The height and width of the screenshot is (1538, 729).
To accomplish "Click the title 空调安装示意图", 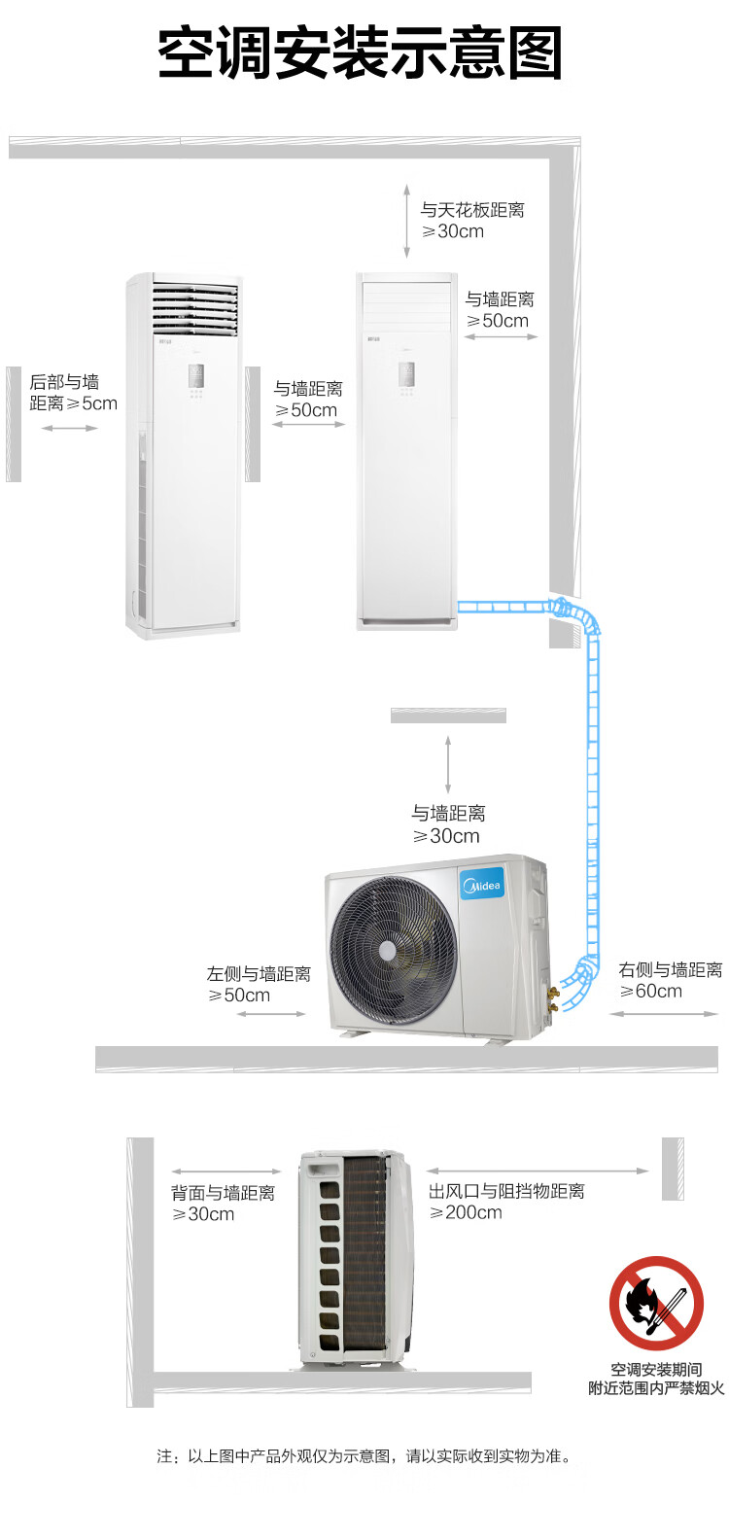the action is pyautogui.click(x=361, y=52).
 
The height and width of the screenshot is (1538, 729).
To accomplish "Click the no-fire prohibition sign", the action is pyautogui.click(x=656, y=1303).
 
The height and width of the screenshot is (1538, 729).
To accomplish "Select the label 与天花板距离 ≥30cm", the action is pyautogui.click(x=472, y=221).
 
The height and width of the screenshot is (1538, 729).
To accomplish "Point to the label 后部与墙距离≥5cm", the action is pyautogui.click(x=73, y=392).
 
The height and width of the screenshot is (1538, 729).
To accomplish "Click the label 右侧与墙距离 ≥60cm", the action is pyautogui.click(x=670, y=980).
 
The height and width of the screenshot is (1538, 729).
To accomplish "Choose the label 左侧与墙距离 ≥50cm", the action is pyautogui.click(x=259, y=984).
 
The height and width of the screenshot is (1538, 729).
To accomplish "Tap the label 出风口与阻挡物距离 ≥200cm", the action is pyautogui.click(x=506, y=1202).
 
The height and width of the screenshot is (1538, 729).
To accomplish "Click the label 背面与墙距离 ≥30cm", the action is pyautogui.click(x=224, y=1203).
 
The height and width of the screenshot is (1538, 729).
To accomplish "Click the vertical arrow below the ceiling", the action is pyautogui.click(x=407, y=221).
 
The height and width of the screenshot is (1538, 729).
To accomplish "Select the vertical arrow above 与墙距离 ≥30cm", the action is pyautogui.click(x=448, y=764).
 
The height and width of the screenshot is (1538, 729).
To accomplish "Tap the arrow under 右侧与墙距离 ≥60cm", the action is pyautogui.click(x=663, y=1013).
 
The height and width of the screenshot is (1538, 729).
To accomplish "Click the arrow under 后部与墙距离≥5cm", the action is pyautogui.click(x=69, y=429).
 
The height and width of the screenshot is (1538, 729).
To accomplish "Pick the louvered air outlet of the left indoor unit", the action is pyautogui.click(x=195, y=308).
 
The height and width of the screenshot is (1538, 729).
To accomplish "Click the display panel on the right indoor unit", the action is pyautogui.click(x=406, y=374).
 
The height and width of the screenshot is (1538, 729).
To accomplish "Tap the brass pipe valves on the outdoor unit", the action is pyautogui.click(x=553, y=999).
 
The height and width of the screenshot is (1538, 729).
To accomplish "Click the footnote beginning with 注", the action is pyautogui.click(x=364, y=1455).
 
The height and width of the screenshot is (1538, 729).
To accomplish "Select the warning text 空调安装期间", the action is pyautogui.click(x=656, y=1369).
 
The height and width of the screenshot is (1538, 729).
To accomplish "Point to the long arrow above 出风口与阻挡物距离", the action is pyautogui.click(x=538, y=1171).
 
